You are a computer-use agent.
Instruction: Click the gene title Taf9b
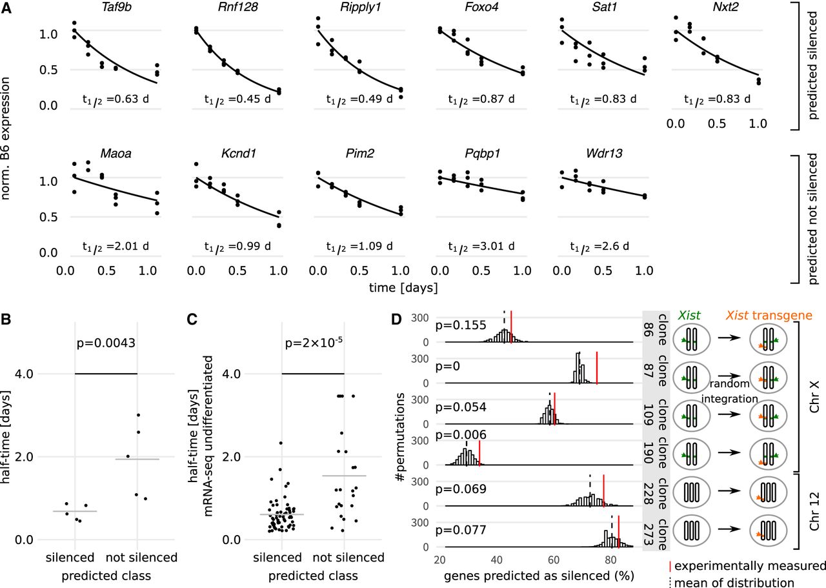(116, 7)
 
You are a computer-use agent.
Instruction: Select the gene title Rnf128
(238, 7)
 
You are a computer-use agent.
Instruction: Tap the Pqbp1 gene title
(482, 154)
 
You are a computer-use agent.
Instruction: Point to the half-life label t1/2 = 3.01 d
(481, 247)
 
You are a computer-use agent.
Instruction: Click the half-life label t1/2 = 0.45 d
(237, 99)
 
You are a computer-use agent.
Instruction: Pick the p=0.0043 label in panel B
(106, 343)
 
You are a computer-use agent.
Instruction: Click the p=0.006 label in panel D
(461, 435)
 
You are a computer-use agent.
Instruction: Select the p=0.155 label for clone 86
(461, 325)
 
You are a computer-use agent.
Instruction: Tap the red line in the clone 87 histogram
(597, 368)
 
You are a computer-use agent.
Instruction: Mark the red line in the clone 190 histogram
(479, 449)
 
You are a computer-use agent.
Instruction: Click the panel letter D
(396, 319)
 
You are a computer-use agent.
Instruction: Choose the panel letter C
(192, 319)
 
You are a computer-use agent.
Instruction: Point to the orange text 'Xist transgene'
(769, 316)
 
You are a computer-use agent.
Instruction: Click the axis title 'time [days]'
(403, 288)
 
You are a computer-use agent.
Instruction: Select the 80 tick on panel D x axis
(610, 560)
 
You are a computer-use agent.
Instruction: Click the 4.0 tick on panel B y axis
(24, 374)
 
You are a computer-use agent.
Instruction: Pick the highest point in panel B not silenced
(138, 415)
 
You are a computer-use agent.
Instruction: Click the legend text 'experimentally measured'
(750, 566)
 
